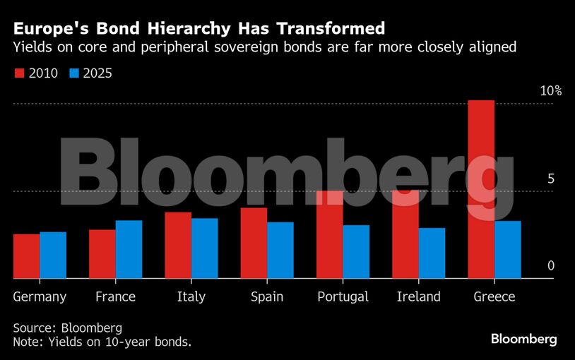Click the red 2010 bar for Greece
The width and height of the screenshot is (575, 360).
(x=481, y=189)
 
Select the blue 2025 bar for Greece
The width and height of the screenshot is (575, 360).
(x=508, y=250)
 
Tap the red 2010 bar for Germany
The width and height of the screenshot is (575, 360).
(x=27, y=256)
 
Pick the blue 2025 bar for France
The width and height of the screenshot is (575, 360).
(x=129, y=249)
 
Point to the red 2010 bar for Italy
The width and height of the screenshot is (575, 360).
(x=178, y=245)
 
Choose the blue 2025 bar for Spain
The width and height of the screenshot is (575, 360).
(x=280, y=250)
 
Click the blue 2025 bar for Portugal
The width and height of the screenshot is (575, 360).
(x=356, y=251)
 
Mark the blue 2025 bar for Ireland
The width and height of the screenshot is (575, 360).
(x=432, y=253)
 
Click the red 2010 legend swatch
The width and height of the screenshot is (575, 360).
(x=19, y=73)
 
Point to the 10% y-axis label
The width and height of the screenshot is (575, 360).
(x=550, y=91)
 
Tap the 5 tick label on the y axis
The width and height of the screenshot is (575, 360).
(x=550, y=179)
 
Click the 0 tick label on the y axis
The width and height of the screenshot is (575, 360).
(x=550, y=266)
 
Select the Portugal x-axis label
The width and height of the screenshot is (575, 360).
(x=343, y=297)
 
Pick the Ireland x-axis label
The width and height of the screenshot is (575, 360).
(x=418, y=296)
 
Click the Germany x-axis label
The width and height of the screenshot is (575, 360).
(x=40, y=297)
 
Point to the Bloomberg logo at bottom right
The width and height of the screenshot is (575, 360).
(x=524, y=340)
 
